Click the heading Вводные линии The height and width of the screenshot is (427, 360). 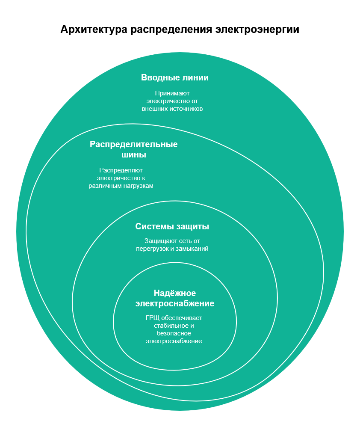point(175,77)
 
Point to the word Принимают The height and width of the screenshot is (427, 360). point(172,93)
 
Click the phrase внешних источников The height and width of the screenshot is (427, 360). point(172,109)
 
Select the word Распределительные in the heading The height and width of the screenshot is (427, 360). point(134,144)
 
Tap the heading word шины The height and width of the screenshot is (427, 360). point(134,154)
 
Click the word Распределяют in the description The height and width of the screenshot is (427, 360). point(121,170)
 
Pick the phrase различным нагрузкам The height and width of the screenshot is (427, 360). point(121,186)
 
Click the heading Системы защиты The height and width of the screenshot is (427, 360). point(172,226)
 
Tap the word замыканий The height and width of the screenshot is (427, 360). point(192,248)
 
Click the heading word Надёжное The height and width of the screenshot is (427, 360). point(175,293)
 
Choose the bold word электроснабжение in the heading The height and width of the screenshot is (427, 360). point(175,304)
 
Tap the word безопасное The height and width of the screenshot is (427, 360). point(174,333)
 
